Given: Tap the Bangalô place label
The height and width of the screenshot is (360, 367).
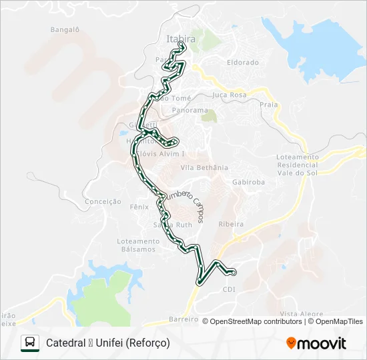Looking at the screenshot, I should point(65,29).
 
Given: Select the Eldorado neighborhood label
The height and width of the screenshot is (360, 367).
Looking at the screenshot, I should point(242,62).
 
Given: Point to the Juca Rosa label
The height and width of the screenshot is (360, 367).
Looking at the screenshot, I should point(229,95).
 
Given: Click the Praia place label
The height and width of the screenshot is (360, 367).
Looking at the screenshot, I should point(268,105).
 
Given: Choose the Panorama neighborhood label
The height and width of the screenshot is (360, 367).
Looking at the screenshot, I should point(190,110).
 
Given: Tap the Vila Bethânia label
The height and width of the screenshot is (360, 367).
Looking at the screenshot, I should point(204,167).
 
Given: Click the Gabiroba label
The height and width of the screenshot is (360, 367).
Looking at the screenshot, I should point(248,181).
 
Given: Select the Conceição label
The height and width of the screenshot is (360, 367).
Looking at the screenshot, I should point(103,201).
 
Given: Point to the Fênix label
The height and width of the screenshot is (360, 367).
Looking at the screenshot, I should point(139,207).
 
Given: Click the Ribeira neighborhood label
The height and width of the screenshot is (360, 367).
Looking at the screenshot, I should point(231,225).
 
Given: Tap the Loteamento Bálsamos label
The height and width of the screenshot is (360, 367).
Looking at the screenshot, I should point(137,245).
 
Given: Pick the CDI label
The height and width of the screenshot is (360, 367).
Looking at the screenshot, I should point(229,289).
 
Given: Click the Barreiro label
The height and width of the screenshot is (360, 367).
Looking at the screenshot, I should point(184,319).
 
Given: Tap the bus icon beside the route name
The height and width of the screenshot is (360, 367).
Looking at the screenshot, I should point(29,343).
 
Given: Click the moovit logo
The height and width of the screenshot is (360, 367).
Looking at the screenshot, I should point(316,343).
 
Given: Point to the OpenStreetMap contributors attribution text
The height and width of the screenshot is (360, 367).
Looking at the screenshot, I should point(256,321).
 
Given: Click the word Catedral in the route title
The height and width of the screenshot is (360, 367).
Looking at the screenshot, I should point(64,343).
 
